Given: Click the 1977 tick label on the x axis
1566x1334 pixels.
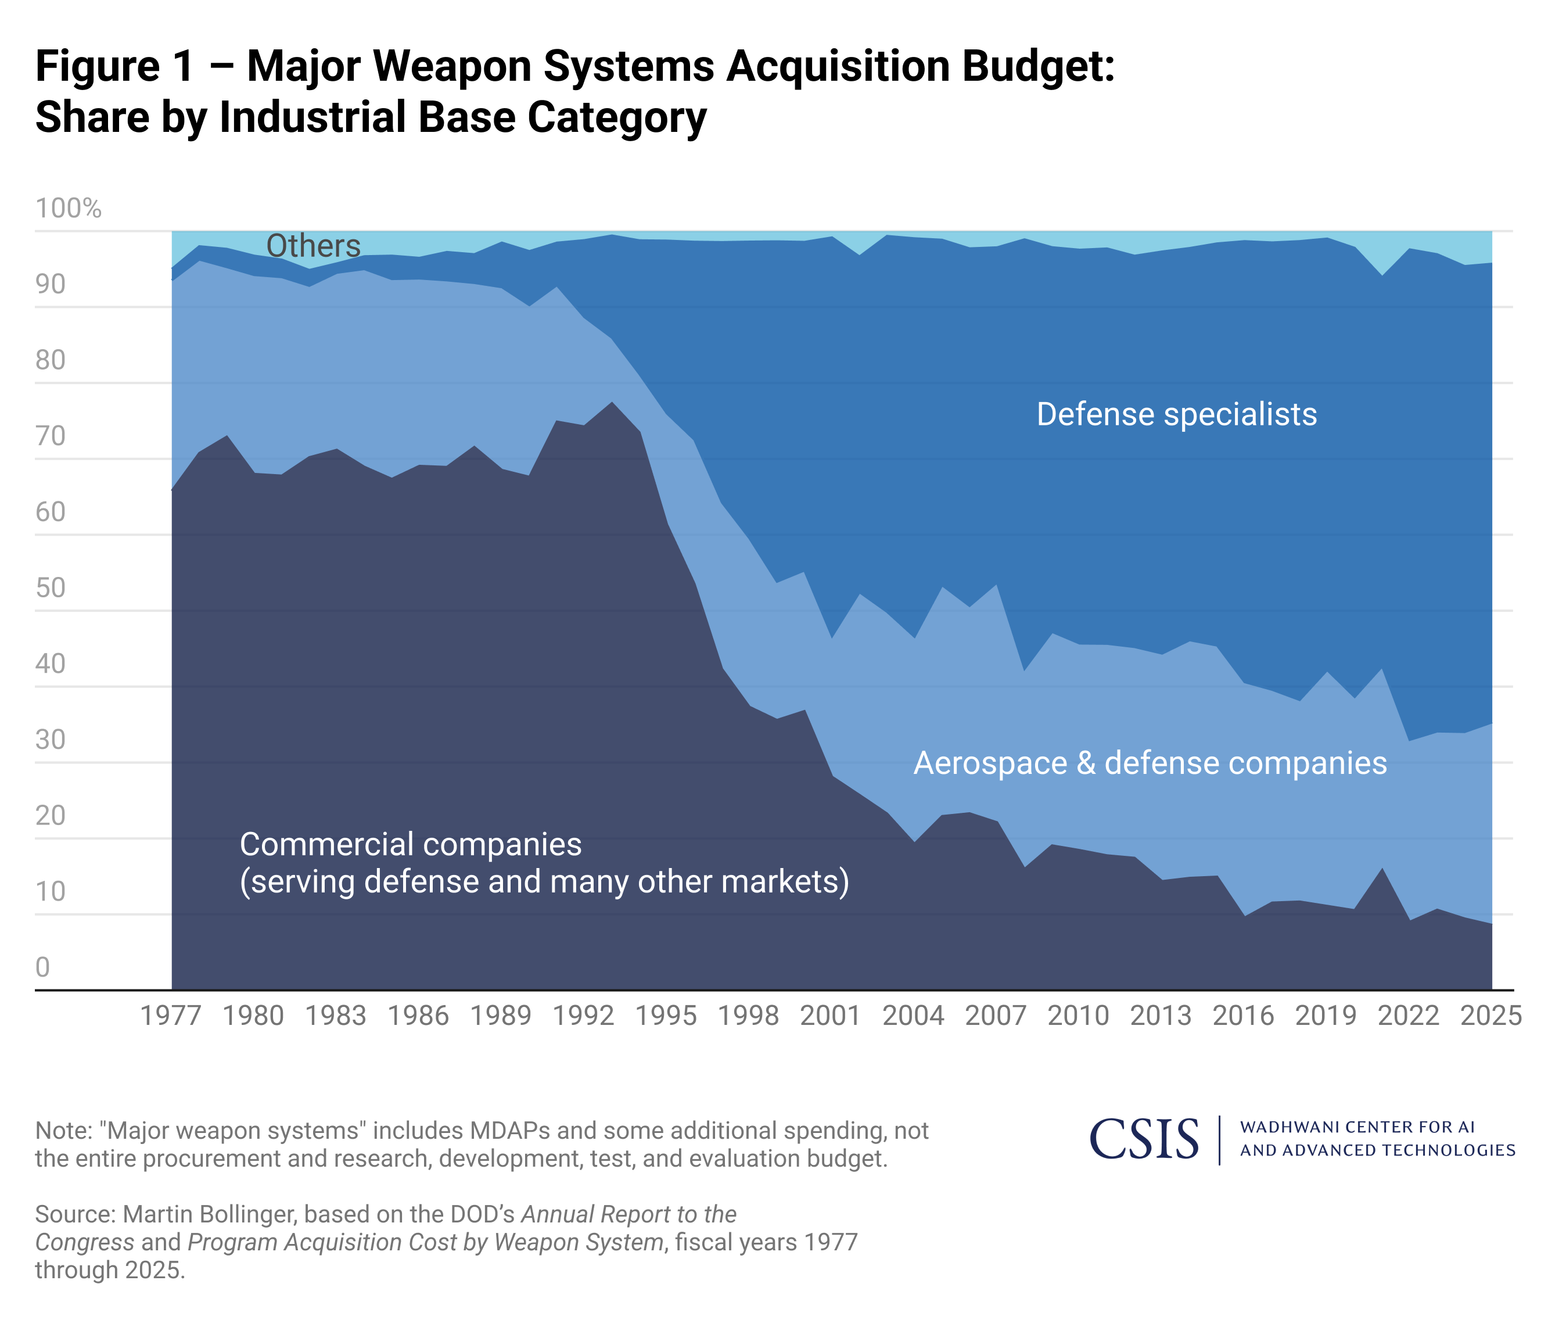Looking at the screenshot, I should point(171,1015).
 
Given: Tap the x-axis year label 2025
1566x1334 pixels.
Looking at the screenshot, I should point(1491,1015).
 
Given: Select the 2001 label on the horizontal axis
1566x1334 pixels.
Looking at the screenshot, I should point(831,1015).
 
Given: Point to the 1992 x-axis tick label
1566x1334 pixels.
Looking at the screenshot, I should point(583,1015).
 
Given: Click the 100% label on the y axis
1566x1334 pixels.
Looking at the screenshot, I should point(68,209).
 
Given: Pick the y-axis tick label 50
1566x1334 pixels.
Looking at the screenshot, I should point(51,588).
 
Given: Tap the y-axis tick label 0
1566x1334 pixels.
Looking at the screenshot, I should point(42,967).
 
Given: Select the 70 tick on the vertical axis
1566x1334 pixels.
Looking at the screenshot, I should point(51,436).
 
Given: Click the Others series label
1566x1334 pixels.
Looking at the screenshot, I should point(314,246).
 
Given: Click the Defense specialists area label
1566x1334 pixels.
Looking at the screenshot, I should point(1176,414).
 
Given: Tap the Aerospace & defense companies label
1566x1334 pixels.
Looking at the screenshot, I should point(1150,763).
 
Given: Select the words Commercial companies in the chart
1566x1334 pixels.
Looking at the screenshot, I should point(411,844).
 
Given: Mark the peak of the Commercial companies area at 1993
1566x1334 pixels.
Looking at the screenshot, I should point(612,402).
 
